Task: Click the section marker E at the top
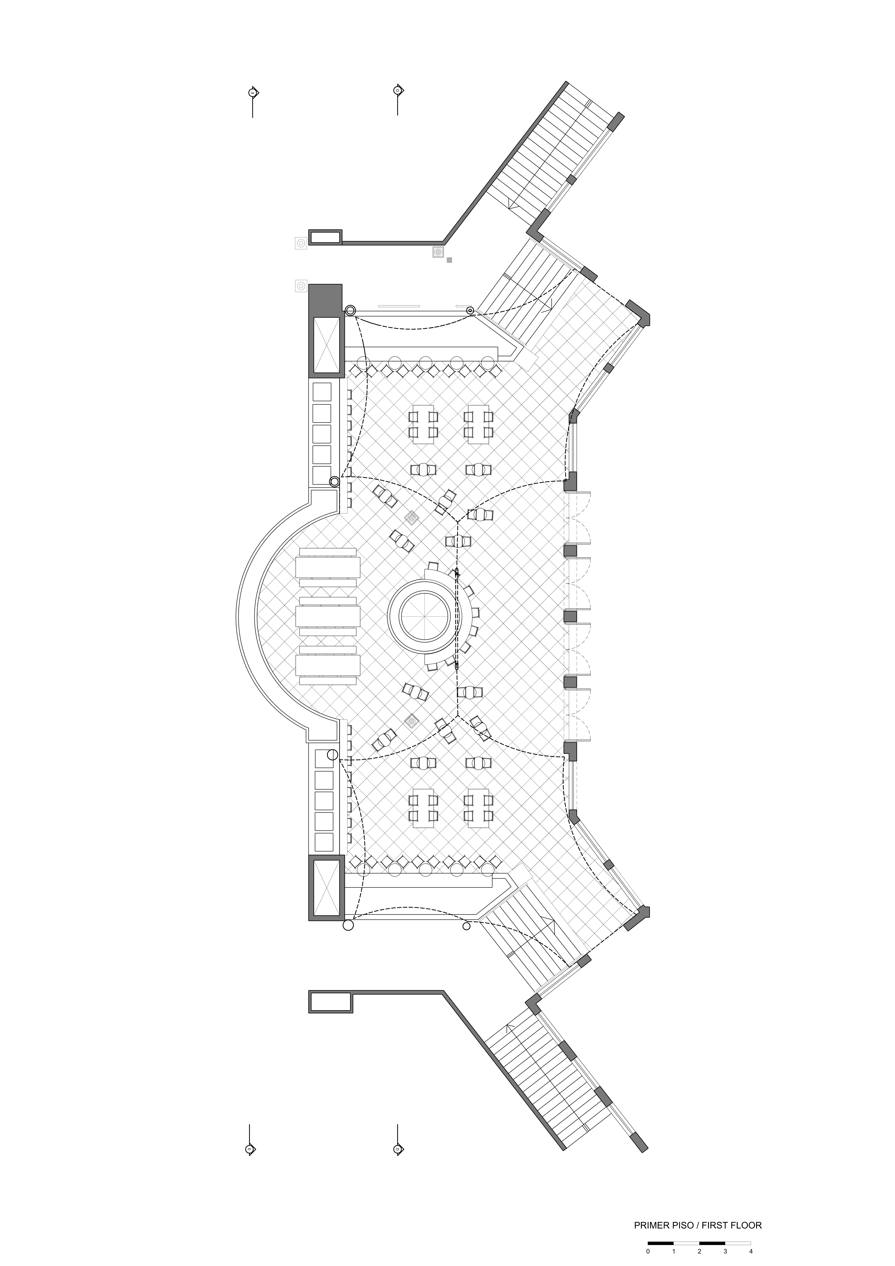tap(253, 93)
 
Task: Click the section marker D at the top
tap(398, 90)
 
